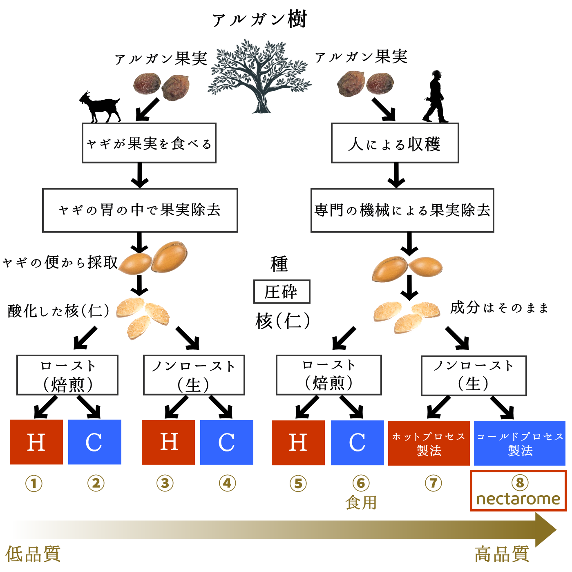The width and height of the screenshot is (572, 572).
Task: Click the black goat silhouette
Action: (100, 107)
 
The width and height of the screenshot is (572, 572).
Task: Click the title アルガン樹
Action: (259, 20)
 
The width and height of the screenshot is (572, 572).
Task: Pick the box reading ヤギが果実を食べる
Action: (149, 143)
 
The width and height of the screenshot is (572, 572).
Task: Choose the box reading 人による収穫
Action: (395, 143)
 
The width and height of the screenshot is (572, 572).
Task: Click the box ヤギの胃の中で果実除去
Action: (140, 210)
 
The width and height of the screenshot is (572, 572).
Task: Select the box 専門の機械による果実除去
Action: (402, 210)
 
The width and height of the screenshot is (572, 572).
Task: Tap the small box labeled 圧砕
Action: (282, 292)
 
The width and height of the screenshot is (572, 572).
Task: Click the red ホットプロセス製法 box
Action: (429, 443)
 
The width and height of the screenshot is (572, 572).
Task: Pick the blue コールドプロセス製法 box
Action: (519, 443)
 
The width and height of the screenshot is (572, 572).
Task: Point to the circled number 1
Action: (34, 484)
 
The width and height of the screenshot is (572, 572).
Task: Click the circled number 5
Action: (298, 484)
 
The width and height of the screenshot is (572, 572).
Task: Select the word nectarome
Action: (518, 499)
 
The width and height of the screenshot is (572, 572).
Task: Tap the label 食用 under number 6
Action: (361, 503)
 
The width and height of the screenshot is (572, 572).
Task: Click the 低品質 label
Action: (33, 554)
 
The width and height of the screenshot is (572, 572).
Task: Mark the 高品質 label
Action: (502, 554)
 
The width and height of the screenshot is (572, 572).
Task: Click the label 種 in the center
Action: (279, 264)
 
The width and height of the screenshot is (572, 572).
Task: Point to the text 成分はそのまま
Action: (499, 307)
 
